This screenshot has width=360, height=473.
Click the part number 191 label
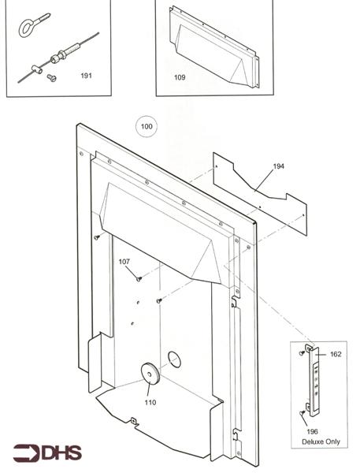87,76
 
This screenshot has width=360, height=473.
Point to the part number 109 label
180,77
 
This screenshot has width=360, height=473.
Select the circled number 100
147,126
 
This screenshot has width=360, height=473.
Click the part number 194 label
279,166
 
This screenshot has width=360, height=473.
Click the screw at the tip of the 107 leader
139,278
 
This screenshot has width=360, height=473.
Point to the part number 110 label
150,402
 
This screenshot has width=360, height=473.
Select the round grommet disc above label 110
147,373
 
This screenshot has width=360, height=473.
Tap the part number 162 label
336,355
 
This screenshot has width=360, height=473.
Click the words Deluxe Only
321,441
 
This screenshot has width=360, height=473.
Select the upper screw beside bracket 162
302,353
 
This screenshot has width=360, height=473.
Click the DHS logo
45,453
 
